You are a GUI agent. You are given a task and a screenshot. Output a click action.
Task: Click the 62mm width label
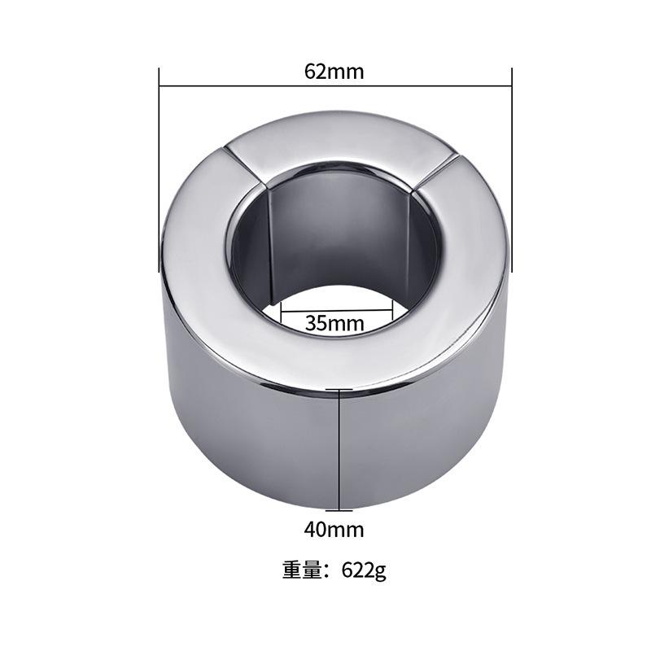click(334, 71)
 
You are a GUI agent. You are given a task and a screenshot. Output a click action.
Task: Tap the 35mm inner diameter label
click(334, 322)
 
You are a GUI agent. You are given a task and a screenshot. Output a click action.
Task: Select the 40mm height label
click(334, 530)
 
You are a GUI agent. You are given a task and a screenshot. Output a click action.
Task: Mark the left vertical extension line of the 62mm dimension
click(159, 171)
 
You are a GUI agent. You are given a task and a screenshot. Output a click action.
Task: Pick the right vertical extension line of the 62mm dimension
click(511, 171)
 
